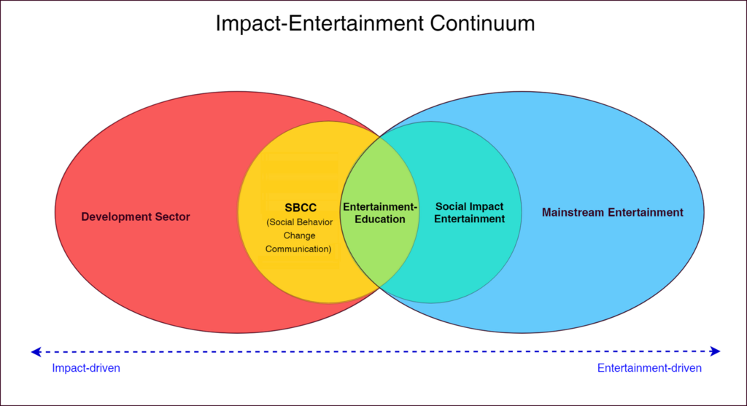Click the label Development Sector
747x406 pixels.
click(136, 216)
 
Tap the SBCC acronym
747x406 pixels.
click(301, 208)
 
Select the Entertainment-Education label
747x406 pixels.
click(380, 213)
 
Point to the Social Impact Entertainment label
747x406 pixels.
click(470, 213)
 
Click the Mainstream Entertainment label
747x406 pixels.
click(613, 213)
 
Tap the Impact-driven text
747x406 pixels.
click(86, 369)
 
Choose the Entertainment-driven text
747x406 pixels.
click(649, 369)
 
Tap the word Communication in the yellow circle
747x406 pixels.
click(298, 249)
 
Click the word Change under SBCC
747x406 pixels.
click(298, 236)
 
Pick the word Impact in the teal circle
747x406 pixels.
click(487, 207)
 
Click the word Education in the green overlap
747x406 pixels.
click(380, 219)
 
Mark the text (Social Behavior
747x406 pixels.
click(300, 222)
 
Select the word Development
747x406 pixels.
click(117, 216)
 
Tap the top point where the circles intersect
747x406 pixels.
click(380, 136)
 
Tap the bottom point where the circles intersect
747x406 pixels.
click(380, 288)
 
